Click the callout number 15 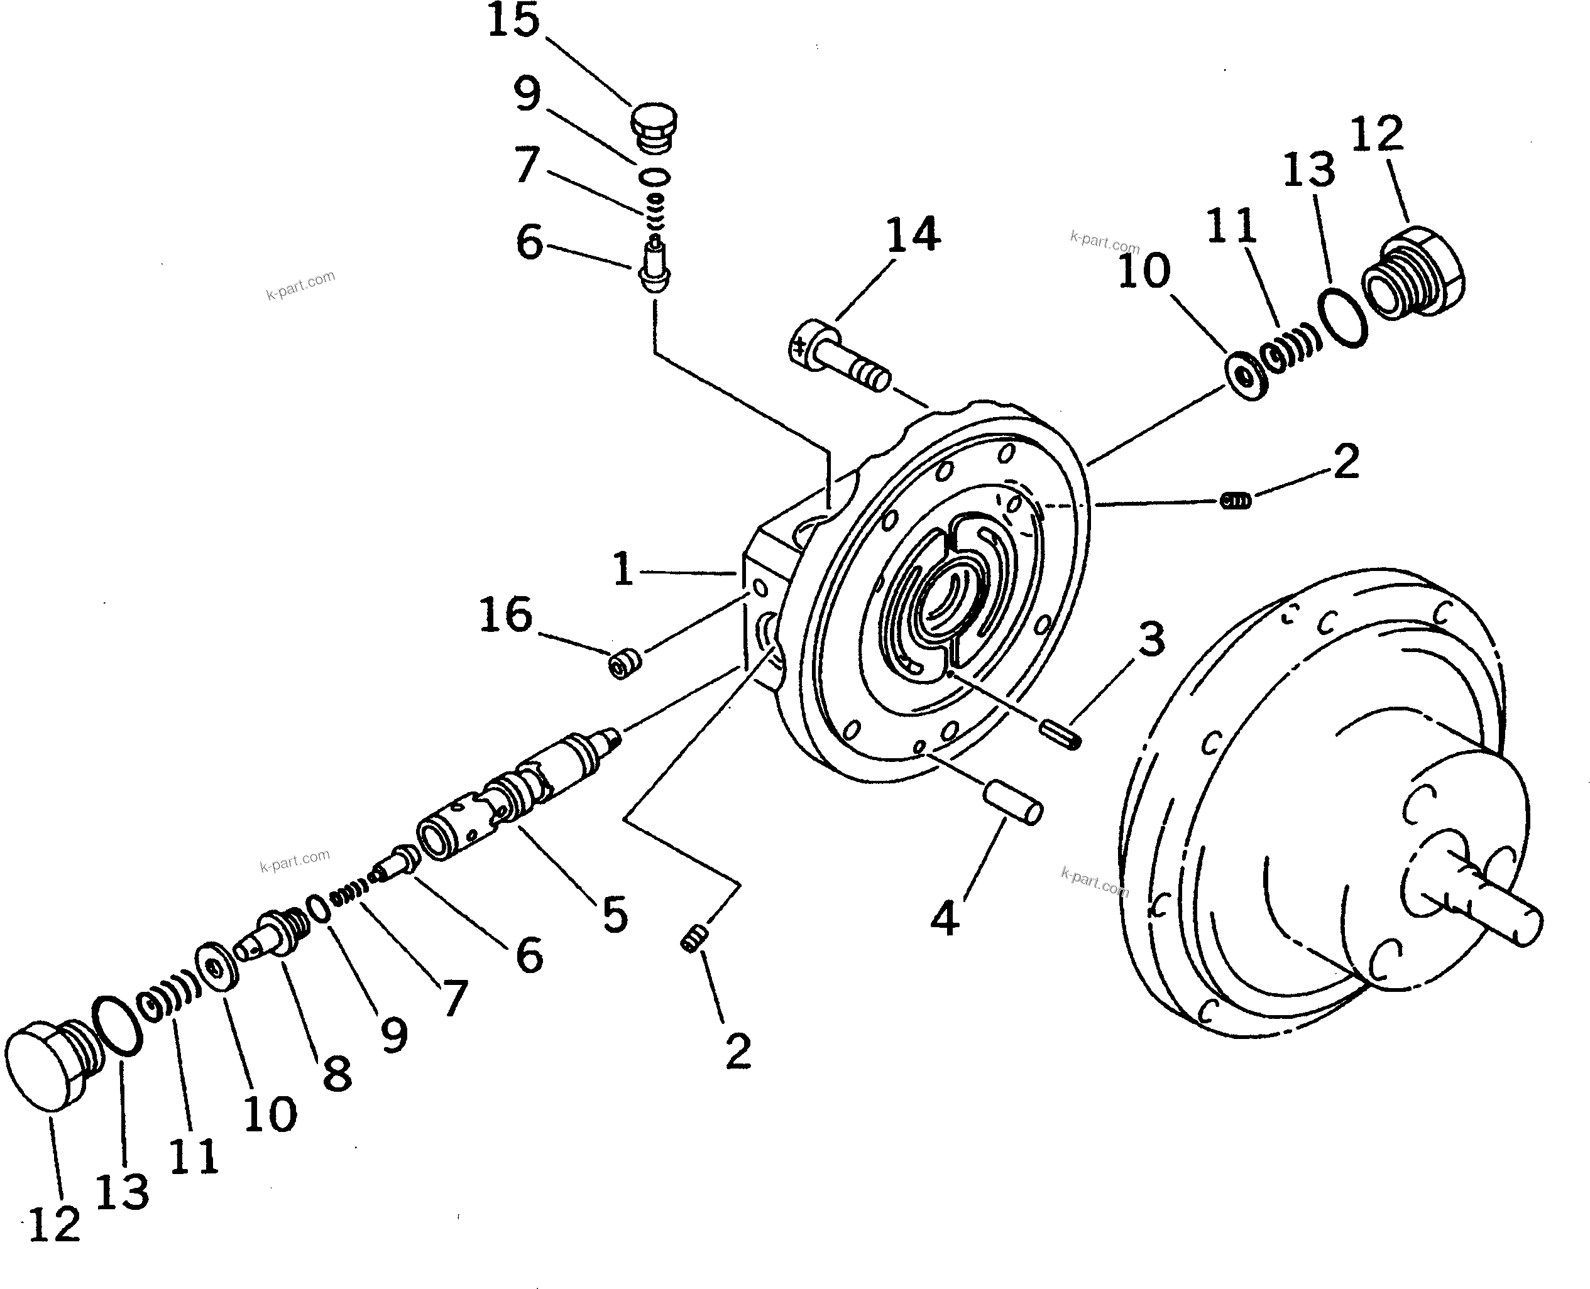[513, 21]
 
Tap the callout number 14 [913, 233]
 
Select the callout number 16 [506, 615]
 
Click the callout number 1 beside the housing [622, 570]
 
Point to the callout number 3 [1151, 639]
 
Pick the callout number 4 [945, 918]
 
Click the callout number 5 [615, 914]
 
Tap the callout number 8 [337, 1073]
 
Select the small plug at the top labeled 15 [654, 128]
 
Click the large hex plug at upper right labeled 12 [1413, 272]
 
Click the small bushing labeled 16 [625, 663]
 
